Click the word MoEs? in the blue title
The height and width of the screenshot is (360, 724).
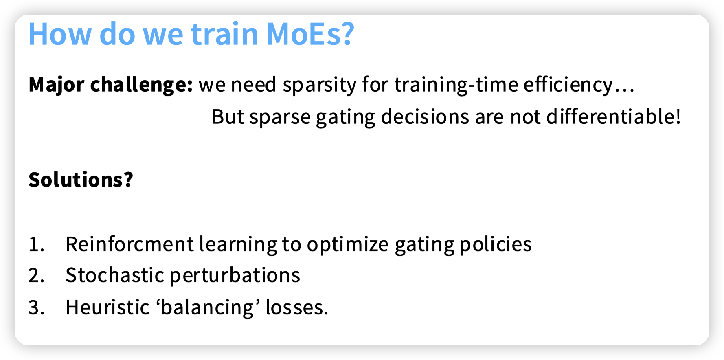pos(310,34)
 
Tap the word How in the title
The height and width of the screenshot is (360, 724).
pos(60,34)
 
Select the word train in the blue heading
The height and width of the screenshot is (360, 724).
pos(225,34)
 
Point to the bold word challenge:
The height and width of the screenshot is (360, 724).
pos(141,85)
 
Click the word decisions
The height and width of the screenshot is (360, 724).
pos(425,117)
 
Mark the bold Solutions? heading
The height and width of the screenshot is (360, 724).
pos(81,180)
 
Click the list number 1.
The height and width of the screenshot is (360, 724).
pos(36,244)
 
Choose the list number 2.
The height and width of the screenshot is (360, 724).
pos(36,276)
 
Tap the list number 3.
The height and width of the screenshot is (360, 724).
pos(36,307)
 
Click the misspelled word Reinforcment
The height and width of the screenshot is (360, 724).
pos(130,244)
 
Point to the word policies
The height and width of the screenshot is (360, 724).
pos(496,244)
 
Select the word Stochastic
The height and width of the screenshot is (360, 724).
pos(115,275)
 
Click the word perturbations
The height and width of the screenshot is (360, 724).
pos(235,276)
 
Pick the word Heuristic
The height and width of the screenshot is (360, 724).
pos(108,307)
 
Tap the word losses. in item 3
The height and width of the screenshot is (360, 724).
pos(297,307)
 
